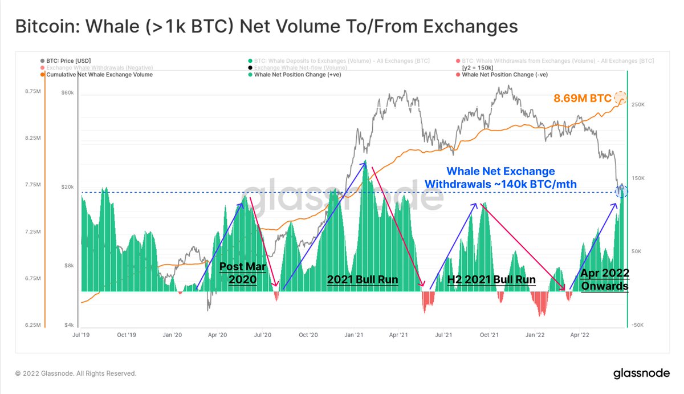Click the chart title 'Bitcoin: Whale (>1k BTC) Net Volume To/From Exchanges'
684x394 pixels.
coord(266,27)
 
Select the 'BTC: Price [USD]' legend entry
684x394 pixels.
coord(68,60)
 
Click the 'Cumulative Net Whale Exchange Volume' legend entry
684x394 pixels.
coord(99,75)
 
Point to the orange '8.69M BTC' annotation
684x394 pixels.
coord(582,98)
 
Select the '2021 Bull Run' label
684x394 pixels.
coord(362,279)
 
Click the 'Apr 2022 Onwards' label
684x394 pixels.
coord(604,279)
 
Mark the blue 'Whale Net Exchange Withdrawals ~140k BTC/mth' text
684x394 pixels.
coord(500,177)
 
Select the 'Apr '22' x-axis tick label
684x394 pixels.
coord(579,335)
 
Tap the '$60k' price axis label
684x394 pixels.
coord(68,93)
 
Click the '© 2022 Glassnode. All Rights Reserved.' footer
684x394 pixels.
coord(76,373)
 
